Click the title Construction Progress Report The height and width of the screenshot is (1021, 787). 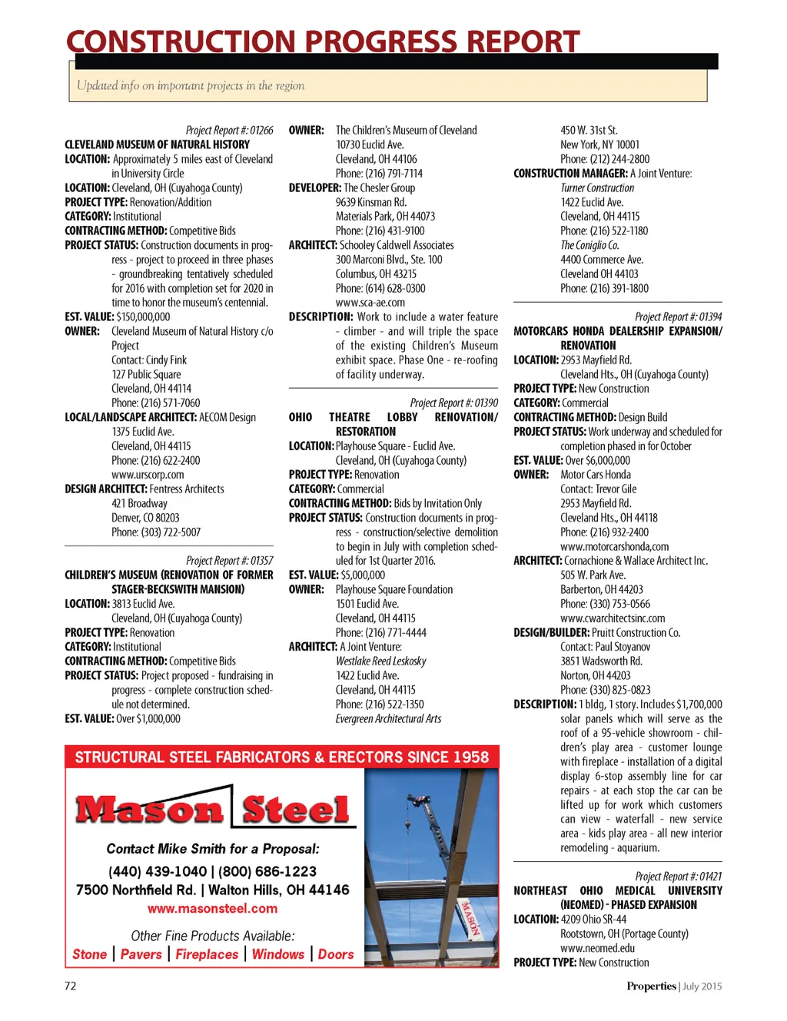[323, 41]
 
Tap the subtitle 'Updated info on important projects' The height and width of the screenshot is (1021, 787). [191, 85]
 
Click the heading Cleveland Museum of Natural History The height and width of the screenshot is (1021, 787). [157, 144]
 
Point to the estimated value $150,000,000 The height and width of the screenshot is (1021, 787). [143, 317]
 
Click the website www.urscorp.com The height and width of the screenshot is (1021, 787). [148, 475]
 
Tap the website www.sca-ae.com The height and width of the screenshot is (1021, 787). [370, 303]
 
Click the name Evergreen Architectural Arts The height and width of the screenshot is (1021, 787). [388, 719]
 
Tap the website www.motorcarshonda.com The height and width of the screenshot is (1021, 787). [614, 546]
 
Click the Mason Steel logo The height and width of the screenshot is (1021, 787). [212, 809]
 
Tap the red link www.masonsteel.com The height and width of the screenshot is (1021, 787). [212, 909]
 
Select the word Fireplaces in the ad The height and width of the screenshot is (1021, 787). [207, 954]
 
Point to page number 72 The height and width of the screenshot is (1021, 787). [71, 986]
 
